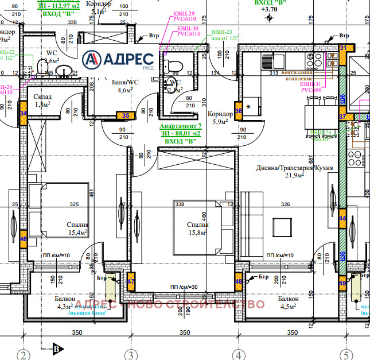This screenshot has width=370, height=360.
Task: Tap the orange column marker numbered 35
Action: click(126, 115)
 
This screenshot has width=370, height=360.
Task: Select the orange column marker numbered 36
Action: click(239, 109)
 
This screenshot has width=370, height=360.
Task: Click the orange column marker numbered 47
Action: click(131, 281)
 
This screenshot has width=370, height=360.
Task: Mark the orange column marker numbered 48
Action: click(239, 281)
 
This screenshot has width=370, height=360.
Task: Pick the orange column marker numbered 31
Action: click(343, 49)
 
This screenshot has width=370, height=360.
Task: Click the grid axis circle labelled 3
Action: click(131, 354)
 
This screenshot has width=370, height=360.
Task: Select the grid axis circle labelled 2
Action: click(24, 354)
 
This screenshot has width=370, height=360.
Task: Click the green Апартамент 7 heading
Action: click(180, 125)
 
